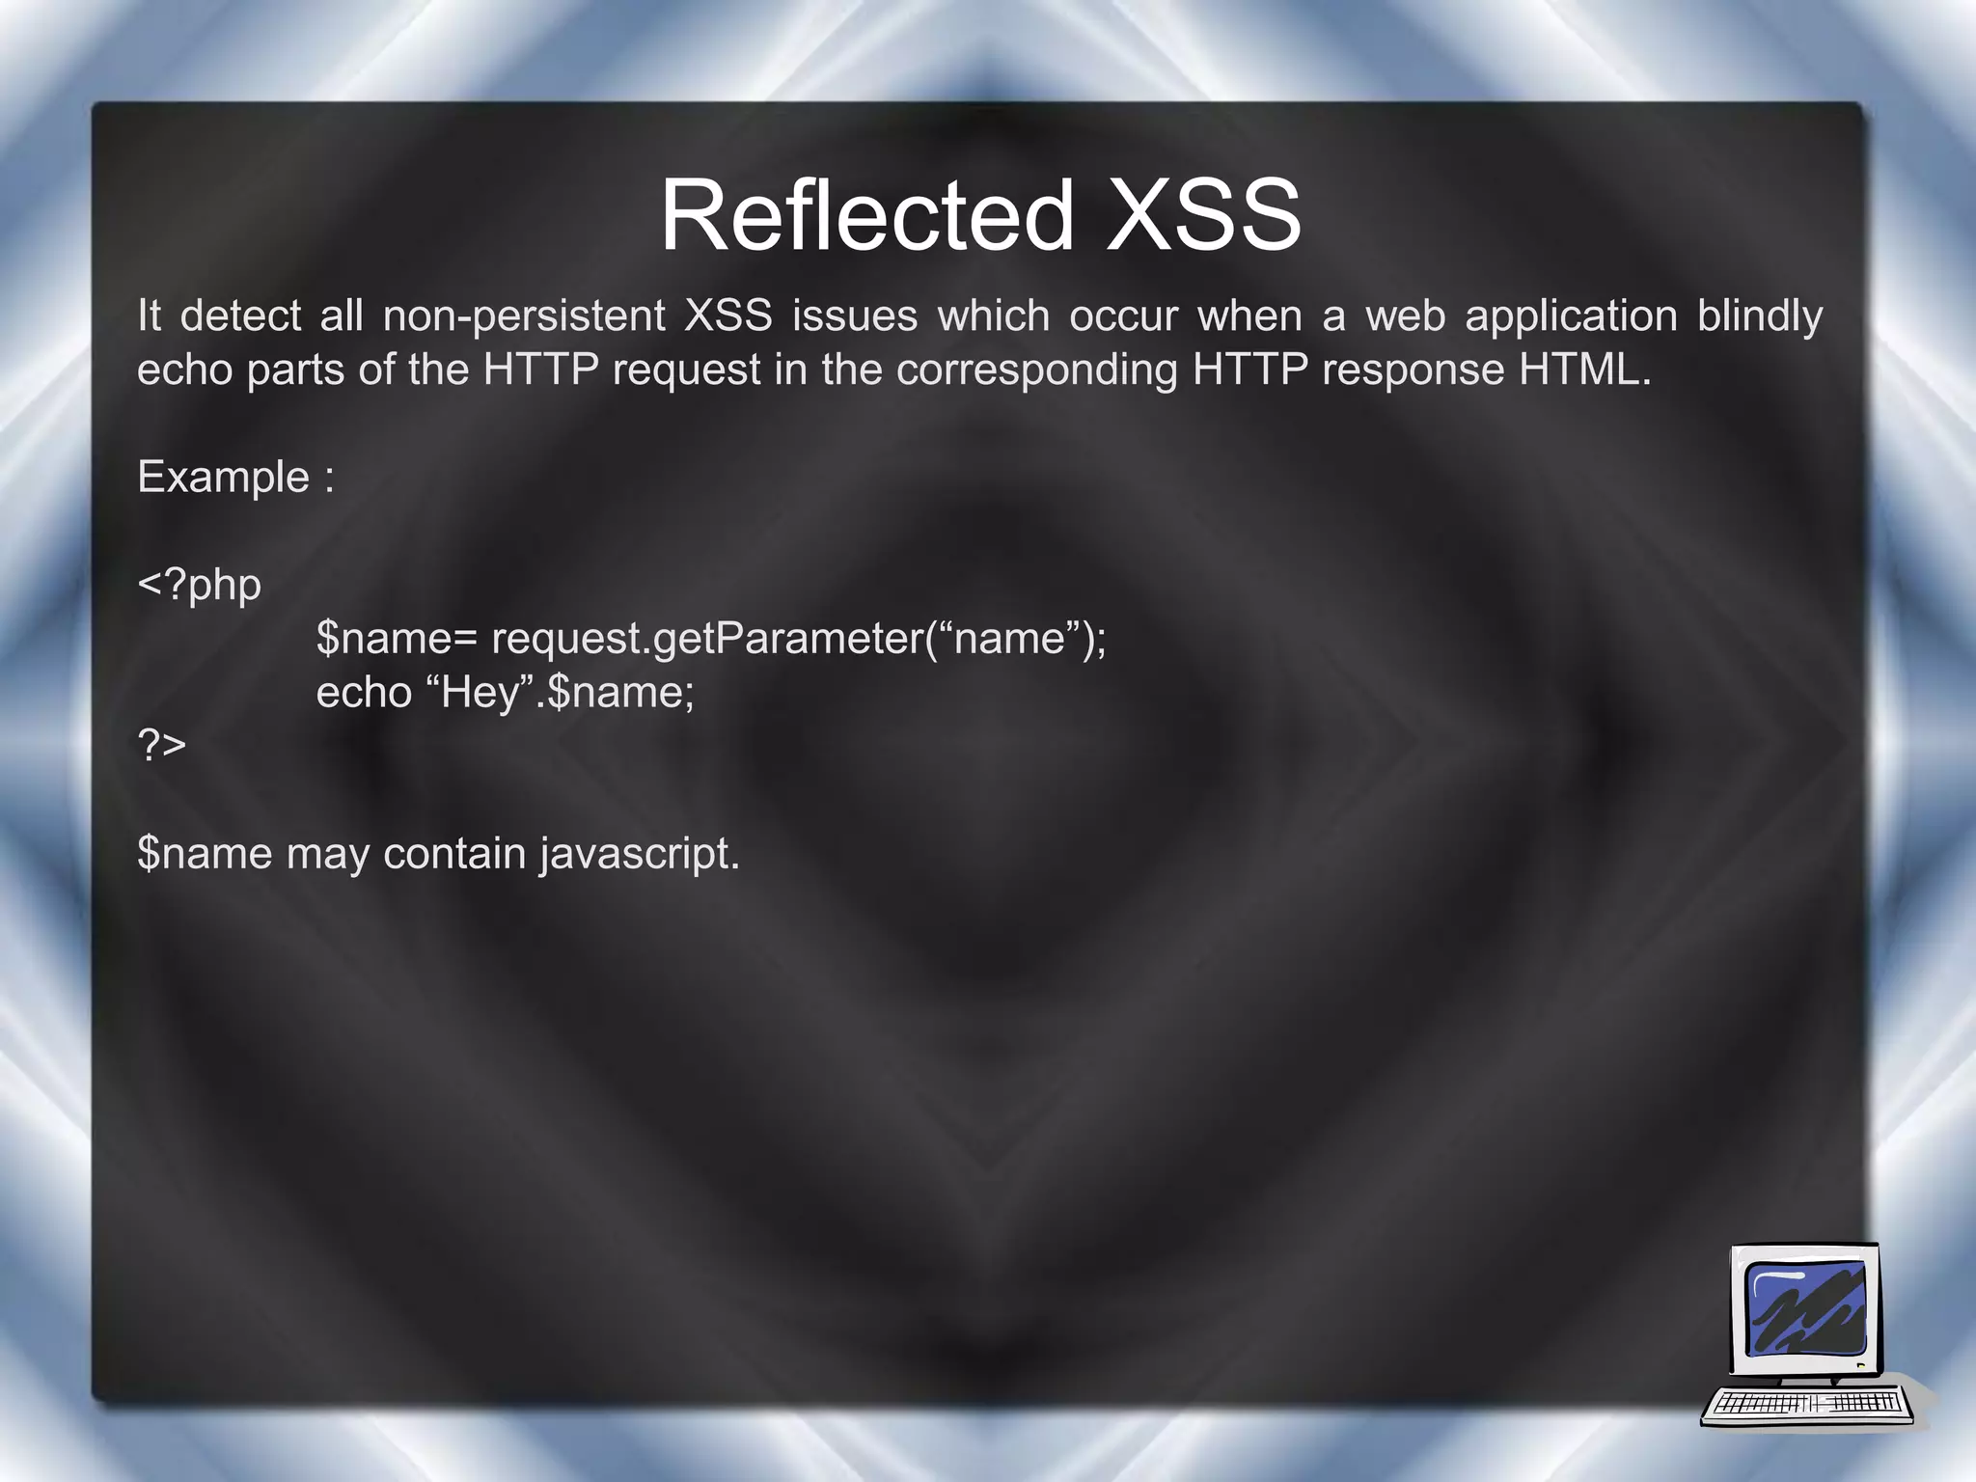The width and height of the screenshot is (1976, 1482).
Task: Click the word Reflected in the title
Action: tap(866, 215)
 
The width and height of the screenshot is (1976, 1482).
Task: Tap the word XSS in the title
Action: tap(1203, 215)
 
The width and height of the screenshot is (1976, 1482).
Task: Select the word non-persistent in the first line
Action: tap(524, 316)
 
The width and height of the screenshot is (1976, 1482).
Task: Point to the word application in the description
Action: tap(1571, 316)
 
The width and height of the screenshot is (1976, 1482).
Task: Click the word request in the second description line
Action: tap(686, 370)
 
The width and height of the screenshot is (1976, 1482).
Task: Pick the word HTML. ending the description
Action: tap(1585, 370)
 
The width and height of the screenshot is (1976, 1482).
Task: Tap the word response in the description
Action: tap(1413, 370)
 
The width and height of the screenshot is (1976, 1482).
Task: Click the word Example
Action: tap(224, 477)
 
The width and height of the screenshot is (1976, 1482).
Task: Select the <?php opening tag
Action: tap(200, 585)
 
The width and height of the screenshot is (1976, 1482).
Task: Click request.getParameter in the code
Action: tap(706, 639)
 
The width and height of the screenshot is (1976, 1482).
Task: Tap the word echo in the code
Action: tap(364, 693)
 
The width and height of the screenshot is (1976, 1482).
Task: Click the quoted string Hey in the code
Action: tap(480, 693)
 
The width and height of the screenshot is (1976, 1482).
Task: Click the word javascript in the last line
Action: tap(639, 854)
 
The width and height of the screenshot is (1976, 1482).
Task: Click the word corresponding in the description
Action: tap(1037, 370)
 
